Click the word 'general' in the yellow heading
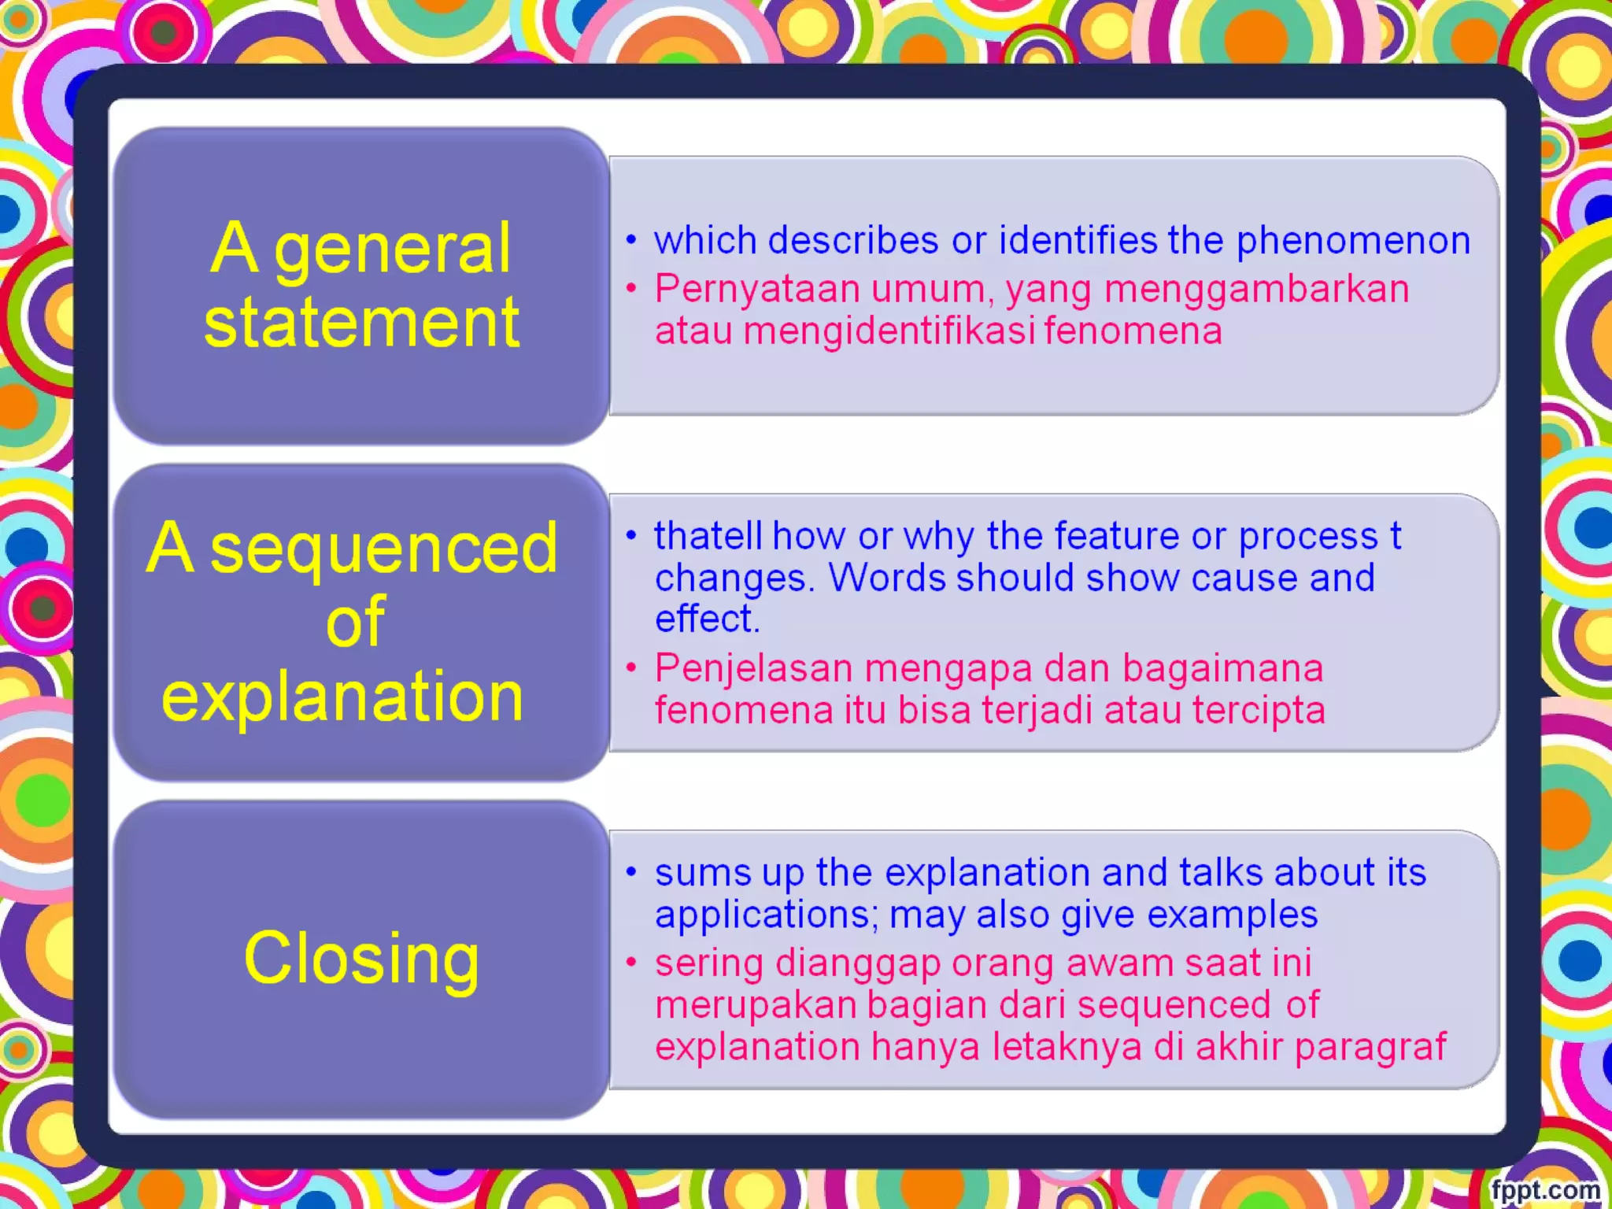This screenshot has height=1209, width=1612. point(393,250)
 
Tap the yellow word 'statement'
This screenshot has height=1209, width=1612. point(361,323)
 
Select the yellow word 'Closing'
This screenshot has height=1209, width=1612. point(361,959)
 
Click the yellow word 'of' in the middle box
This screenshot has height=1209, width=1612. point(356,622)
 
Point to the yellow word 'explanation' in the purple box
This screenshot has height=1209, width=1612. point(342,697)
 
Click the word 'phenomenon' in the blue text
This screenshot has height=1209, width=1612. point(1352,240)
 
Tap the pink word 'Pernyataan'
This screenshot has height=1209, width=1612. point(757,289)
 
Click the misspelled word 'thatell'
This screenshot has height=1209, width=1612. point(708,536)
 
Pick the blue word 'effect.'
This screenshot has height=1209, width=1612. point(707,619)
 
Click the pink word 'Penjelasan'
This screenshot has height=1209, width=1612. point(753,669)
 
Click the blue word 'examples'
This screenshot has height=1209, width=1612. point(1232,915)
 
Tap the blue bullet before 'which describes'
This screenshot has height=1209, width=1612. point(631,239)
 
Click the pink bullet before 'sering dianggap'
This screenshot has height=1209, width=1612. point(631,962)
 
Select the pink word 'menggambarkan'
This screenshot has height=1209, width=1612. point(1256,289)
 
